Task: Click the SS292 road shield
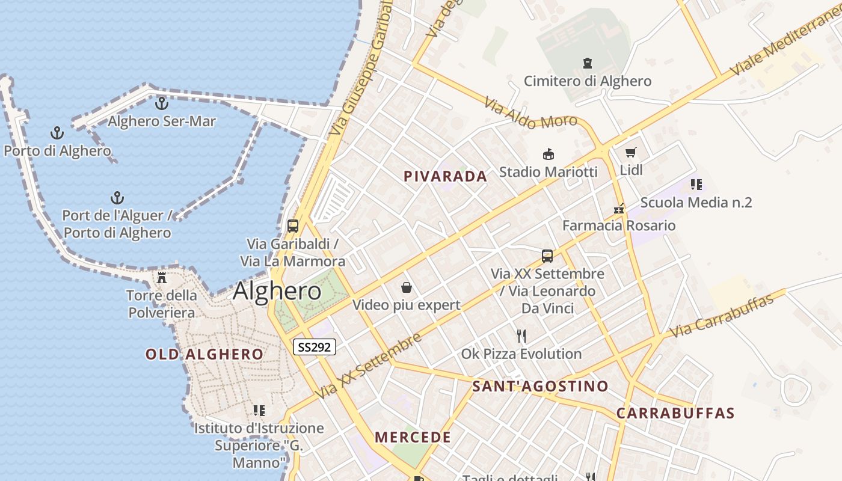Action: pos(315,347)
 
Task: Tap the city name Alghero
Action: pos(277,291)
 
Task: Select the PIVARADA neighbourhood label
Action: pos(445,176)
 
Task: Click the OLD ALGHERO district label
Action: pos(204,354)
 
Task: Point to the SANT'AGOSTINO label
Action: pos(540,386)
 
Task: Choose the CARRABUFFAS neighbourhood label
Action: pos(675,413)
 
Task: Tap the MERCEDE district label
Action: pos(413,437)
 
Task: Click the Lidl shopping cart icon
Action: pos(630,153)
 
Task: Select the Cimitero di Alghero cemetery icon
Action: pos(588,63)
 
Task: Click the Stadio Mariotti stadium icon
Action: pos(548,155)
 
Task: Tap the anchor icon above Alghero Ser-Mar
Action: pos(161,103)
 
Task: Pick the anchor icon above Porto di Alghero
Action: pos(57,133)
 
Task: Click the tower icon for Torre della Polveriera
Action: pos(161,278)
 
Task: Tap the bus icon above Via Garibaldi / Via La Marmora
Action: pos(293,226)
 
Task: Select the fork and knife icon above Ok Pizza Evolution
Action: pos(521,335)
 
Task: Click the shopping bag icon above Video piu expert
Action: pos(407,287)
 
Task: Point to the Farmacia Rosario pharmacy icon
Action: pos(619,209)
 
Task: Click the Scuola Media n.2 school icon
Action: pos(696,185)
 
